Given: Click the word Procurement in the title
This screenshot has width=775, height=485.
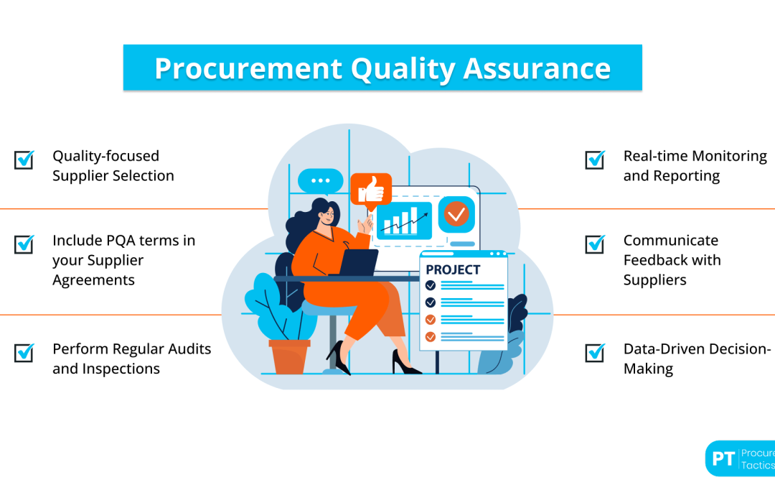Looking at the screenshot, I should (247, 68).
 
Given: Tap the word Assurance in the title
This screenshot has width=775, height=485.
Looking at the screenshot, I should (537, 68).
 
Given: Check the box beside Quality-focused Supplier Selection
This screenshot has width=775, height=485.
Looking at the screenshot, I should (24, 160).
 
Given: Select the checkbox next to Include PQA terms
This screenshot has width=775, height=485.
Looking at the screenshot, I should (24, 244).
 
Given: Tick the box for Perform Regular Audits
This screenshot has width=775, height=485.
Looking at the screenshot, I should (24, 352).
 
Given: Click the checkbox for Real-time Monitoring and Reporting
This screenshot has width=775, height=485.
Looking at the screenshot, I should (595, 160).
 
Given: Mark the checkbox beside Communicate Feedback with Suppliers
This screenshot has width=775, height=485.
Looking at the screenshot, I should (595, 244).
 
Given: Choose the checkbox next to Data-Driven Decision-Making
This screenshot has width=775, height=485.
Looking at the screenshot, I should (595, 352).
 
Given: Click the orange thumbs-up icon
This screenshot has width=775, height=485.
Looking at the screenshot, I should (370, 190).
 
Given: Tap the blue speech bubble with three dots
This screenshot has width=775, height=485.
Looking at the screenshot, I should (320, 181).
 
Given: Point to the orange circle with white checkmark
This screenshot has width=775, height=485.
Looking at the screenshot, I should (456, 213).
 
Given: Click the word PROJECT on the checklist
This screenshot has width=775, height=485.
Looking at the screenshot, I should (453, 270).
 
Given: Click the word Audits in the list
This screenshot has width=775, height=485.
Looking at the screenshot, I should (186, 349).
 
